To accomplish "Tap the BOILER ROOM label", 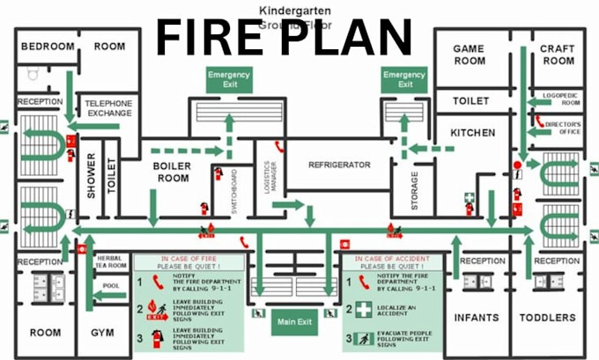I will click(171, 172).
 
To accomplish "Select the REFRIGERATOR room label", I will click(327, 165).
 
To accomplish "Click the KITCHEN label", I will click(472, 133).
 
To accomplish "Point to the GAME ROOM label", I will click(469, 55).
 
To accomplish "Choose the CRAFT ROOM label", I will click(557, 55).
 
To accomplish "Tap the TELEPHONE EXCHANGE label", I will click(107, 108).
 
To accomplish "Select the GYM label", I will click(102, 333).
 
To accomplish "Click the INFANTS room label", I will click(477, 317).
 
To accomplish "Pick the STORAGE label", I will click(415, 190).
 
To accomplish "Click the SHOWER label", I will click(91, 176).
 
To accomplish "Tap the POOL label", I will click(110, 286).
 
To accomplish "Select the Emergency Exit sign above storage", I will click(405, 79).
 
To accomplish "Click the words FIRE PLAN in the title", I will click(284, 38).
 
